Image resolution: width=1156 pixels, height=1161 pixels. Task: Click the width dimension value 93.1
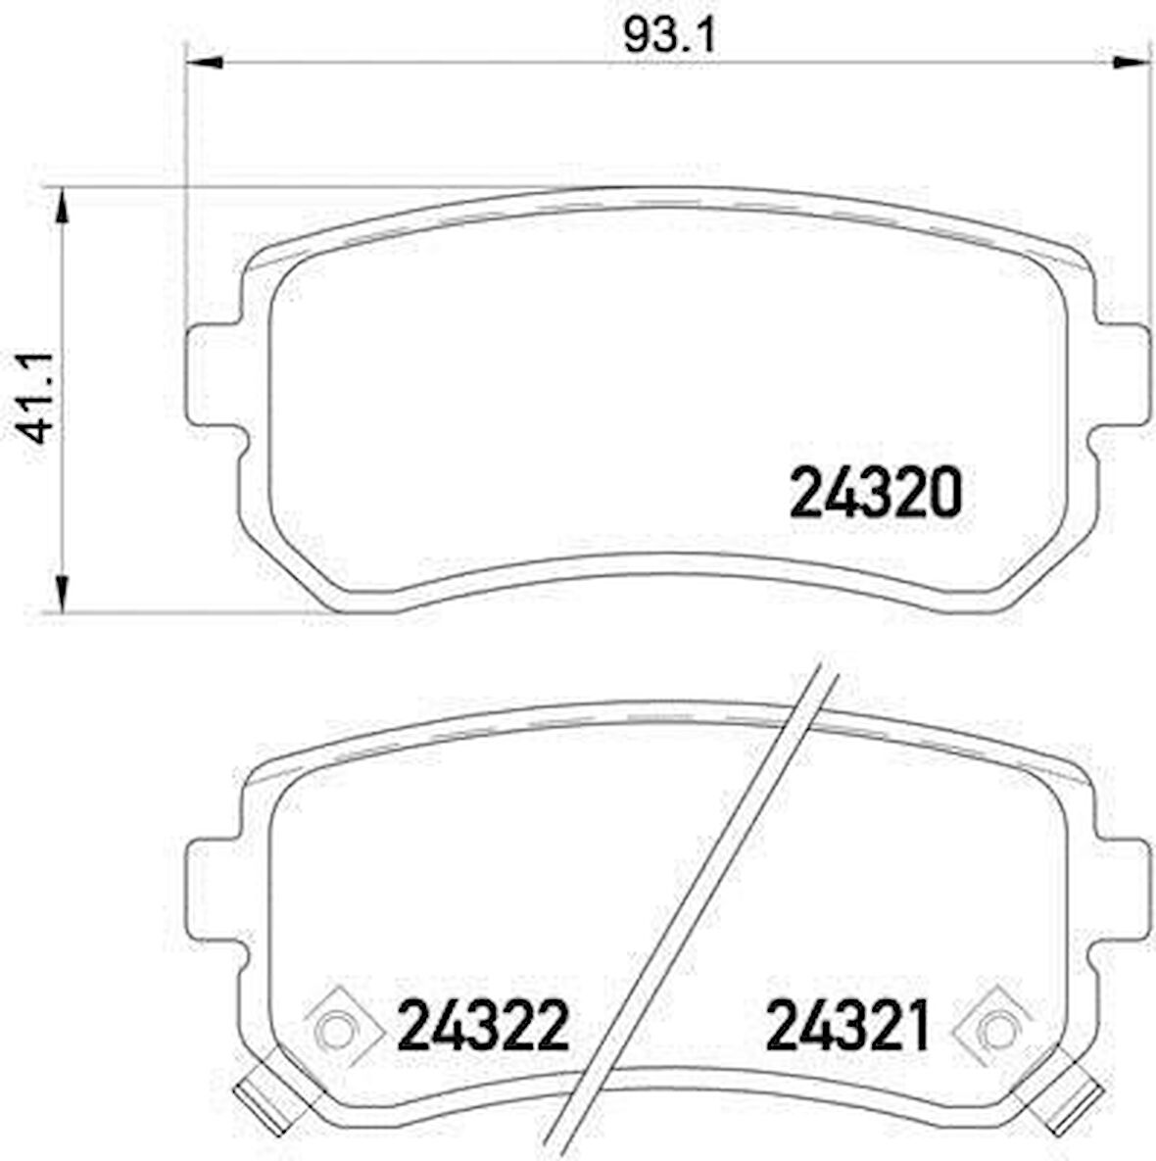671,36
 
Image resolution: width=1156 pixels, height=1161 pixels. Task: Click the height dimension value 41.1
37,401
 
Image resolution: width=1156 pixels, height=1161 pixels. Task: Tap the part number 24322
483,1026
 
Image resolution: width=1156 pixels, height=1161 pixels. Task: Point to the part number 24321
846,1026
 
